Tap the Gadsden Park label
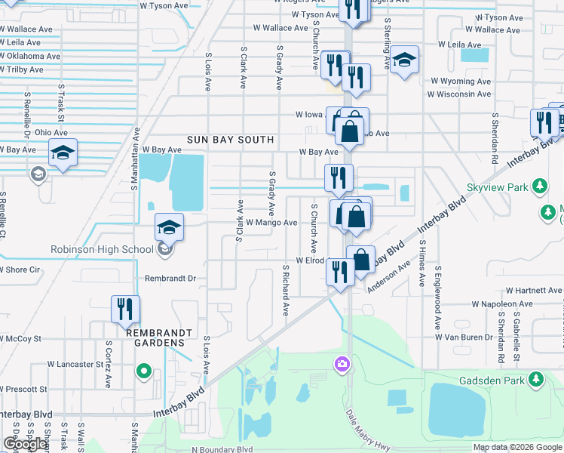(x=495, y=380)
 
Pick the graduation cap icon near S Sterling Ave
(x=405, y=60)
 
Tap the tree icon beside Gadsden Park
(x=536, y=379)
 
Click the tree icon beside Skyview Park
(x=539, y=186)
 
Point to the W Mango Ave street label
(x=271, y=223)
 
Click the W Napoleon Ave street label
(x=502, y=304)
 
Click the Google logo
(x=25, y=444)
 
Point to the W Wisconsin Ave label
(x=459, y=94)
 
